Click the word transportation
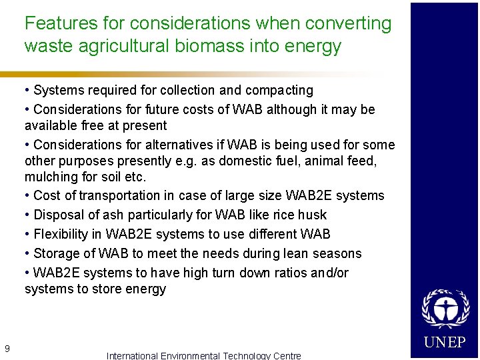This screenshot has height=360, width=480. [131, 195]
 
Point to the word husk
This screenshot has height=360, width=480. [314, 215]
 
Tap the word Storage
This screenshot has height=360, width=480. [57, 253]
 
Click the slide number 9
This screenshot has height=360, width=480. [7, 348]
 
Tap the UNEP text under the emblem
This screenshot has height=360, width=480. [445, 343]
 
